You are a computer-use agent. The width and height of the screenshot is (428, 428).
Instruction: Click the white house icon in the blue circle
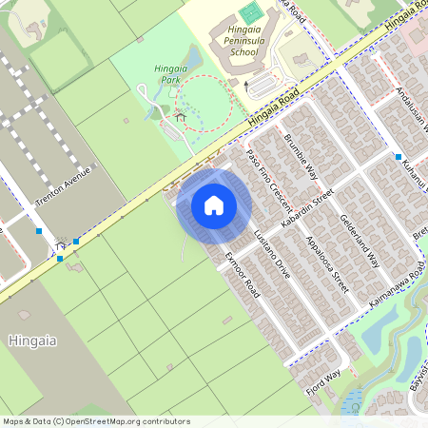point(214,204)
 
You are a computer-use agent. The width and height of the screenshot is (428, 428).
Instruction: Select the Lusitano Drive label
point(272,254)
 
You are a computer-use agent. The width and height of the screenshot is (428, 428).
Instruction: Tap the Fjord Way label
point(323,379)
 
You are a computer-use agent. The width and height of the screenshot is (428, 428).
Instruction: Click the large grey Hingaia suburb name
point(32,340)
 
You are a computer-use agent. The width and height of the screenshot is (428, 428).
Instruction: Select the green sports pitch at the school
point(249,13)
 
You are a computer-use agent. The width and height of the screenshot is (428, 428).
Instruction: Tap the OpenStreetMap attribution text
point(95,421)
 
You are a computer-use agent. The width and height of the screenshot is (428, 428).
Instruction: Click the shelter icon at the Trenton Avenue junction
point(62,243)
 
